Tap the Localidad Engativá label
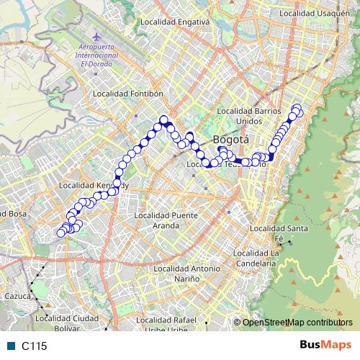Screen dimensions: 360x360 [175, 22]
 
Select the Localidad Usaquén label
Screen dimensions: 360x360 [315, 14]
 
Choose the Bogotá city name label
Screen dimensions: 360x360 [231, 139]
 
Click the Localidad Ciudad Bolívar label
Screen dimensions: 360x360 [66, 322]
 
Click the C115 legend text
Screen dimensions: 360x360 [34, 346]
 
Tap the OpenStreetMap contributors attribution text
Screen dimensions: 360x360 [299, 322]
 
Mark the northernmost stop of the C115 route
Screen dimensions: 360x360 [296, 109]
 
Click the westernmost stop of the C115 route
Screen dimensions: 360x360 [61, 233]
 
